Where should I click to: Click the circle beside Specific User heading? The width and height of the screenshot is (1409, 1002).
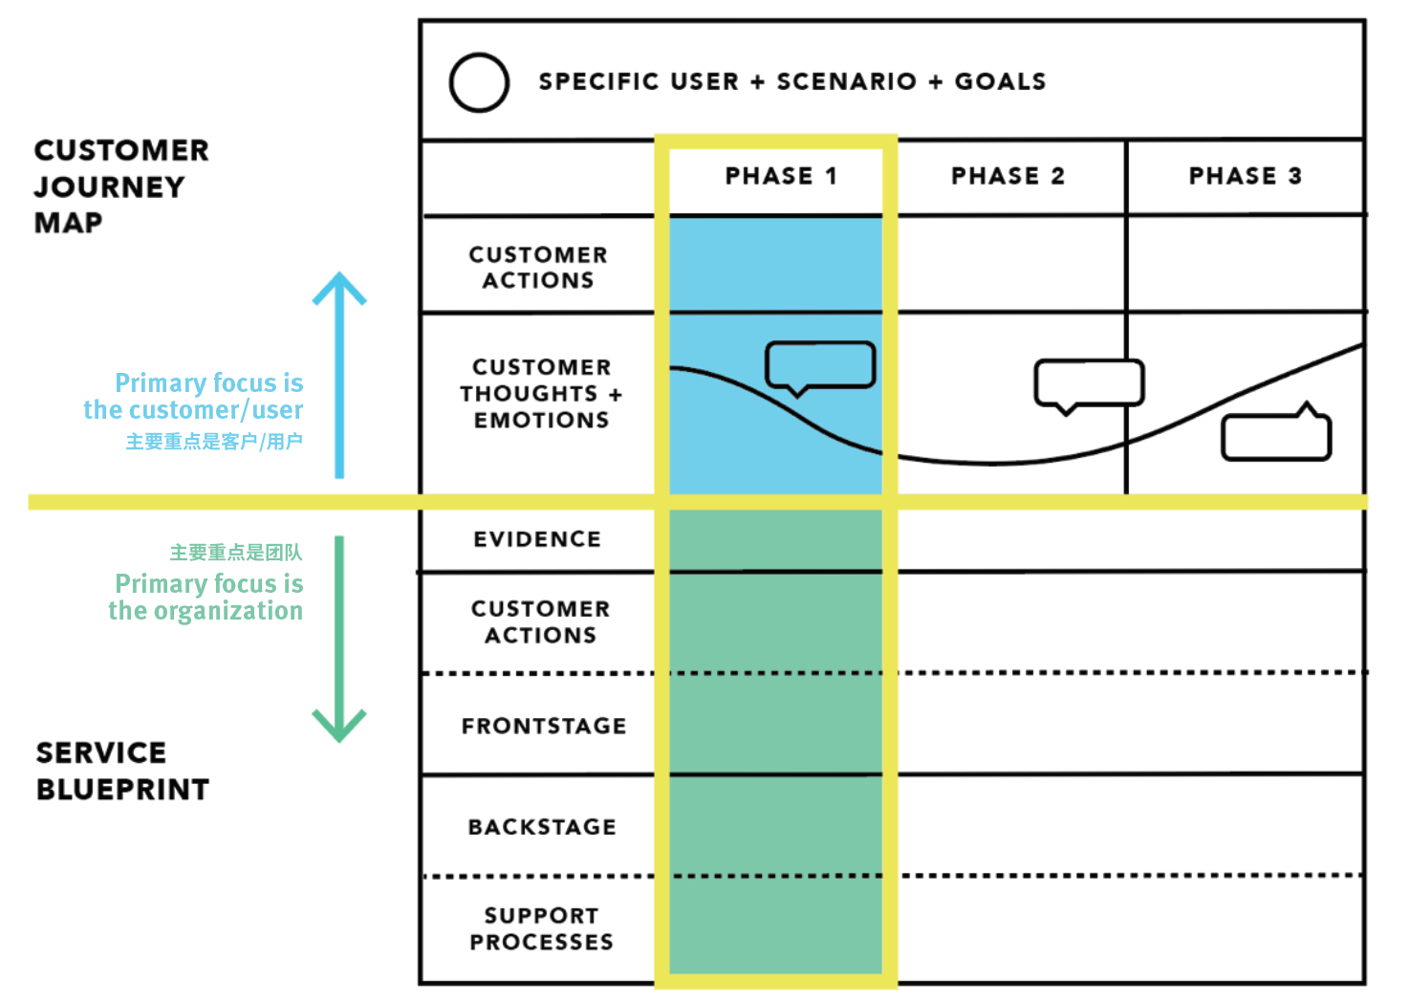[x=479, y=83]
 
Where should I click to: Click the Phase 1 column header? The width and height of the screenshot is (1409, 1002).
[x=780, y=176]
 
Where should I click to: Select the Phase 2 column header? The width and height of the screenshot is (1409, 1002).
[x=1008, y=176]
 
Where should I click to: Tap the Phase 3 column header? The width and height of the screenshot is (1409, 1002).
[x=1245, y=176]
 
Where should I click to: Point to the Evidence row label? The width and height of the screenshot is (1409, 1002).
[x=537, y=539]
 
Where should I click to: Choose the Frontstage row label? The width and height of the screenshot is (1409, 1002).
[x=544, y=727]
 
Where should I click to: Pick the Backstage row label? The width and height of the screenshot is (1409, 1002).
[x=542, y=827]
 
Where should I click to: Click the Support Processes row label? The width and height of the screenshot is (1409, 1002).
[x=541, y=928]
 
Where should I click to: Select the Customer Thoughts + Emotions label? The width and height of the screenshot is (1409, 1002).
[x=541, y=394]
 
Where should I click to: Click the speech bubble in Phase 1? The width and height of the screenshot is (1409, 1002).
[x=820, y=366]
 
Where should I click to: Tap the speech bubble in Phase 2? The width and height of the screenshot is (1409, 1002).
[x=1089, y=383]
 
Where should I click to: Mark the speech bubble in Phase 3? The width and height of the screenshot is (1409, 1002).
[x=1276, y=436]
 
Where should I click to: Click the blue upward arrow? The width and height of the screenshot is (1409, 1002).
[x=339, y=373]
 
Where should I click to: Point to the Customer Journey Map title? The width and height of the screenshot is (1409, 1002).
[x=120, y=186]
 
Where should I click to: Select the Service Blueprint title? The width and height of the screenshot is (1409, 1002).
[x=122, y=771]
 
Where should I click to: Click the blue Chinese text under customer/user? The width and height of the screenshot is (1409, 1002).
[x=214, y=442]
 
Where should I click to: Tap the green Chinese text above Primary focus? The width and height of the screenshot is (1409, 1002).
[x=235, y=553]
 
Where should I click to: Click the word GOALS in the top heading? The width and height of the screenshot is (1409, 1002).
[x=1000, y=82]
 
